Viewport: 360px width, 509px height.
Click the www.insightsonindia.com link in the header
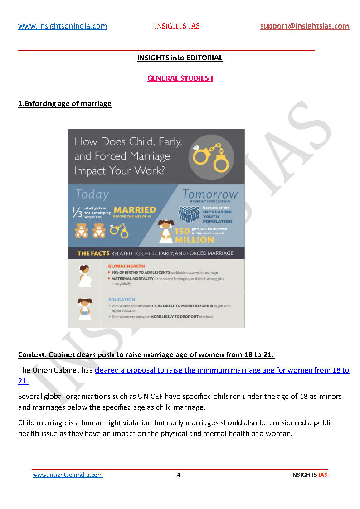pos(63,26)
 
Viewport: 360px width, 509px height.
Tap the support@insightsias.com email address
pos(305,26)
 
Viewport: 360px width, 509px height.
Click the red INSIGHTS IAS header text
pos(177,26)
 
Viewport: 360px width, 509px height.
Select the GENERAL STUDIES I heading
pos(180,78)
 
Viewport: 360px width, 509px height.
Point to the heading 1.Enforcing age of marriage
pos(65,104)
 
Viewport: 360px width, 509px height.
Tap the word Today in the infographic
pos(92,194)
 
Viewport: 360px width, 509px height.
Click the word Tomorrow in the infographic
pos(210,194)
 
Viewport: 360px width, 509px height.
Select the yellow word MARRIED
pos(134,210)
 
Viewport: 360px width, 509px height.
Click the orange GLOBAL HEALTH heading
pos(126,266)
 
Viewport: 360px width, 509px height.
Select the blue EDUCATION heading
pos(122,299)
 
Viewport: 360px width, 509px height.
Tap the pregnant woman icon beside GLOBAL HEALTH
pos(84,276)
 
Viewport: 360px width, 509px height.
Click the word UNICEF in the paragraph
pos(131,397)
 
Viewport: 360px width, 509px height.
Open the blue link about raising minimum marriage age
pos(222,370)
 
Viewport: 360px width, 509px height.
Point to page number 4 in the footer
pos(179,475)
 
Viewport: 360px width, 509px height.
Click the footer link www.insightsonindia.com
pos(68,475)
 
